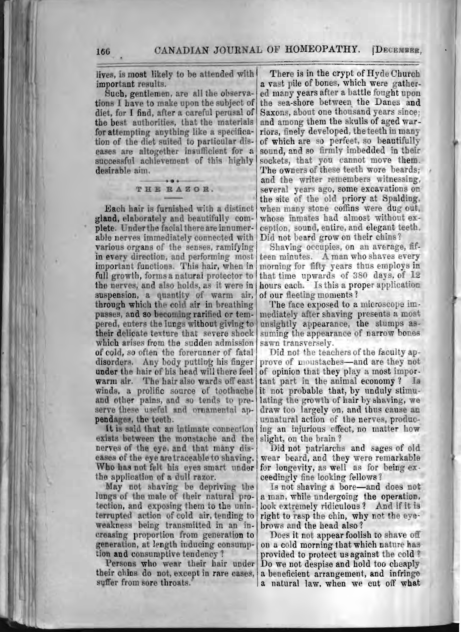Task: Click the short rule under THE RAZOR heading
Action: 174,198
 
